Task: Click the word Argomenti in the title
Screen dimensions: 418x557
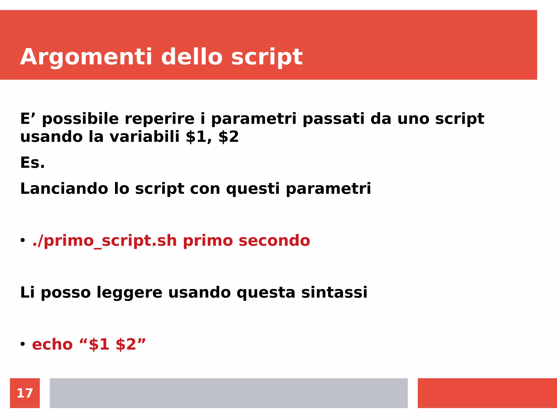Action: (x=86, y=57)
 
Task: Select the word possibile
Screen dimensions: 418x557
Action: (x=81, y=119)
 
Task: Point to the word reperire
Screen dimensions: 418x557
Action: (x=160, y=119)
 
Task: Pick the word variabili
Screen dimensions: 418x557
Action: (x=144, y=137)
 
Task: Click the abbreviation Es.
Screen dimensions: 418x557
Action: (x=32, y=163)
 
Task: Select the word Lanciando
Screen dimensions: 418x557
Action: (x=64, y=189)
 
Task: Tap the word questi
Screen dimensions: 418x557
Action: (x=253, y=189)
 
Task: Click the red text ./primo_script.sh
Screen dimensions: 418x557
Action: (x=104, y=241)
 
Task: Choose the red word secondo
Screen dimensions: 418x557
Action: (x=274, y=241)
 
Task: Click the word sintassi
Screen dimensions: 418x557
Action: (x=334, y=293)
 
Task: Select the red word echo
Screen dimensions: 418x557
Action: (x=52, y=345)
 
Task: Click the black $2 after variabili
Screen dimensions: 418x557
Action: (x=228, y=137)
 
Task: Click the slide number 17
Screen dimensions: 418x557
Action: (x=25, y=393)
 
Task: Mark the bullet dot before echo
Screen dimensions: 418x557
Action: (x=23, y=344)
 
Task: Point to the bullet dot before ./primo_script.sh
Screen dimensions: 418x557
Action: (x=23, y=240)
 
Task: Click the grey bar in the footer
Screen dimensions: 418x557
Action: (x=228, y=393)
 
